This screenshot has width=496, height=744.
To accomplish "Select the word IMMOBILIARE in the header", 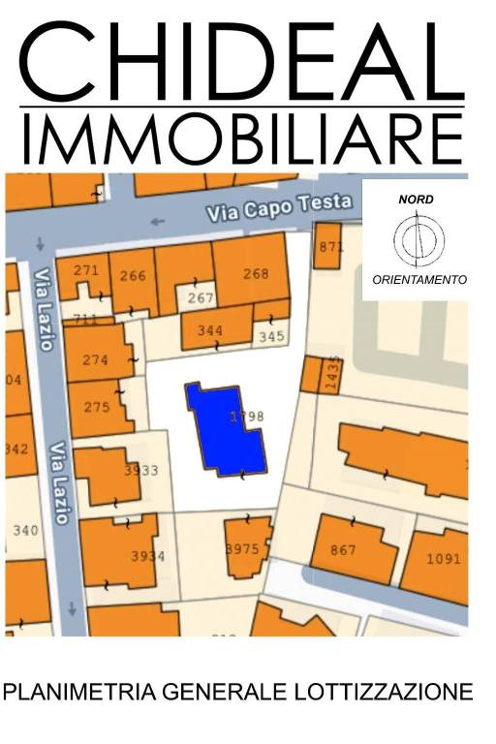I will pyautogui.click(x=242, y=138).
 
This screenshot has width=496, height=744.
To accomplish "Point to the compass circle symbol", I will pyautogui.click(x=418, y=239).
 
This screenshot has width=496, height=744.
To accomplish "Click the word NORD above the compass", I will pyautogui.click(x=417, y=200).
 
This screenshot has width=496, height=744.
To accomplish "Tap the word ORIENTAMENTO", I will pyautogui.click(x=419, y=280).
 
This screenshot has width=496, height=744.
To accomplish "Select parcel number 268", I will pyautogui.click(x=256, y=274).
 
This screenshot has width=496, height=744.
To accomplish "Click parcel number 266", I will pyautogui.click(x=133, y=276).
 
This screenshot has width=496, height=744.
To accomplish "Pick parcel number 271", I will pyautogui.click(x=86, y=270).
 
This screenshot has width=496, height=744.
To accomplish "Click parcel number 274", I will pyautogui.click(x=95, y=360).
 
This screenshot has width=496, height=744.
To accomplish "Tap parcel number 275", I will pyautogui.click(x=97, y=408).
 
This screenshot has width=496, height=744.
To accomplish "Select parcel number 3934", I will pyautogui.click(x=147, y=556).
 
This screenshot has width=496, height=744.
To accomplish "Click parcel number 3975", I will pyautogui.click(x=242, y=549).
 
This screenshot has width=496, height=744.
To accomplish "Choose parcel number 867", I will pyautogui.click(x=343, y=550).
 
